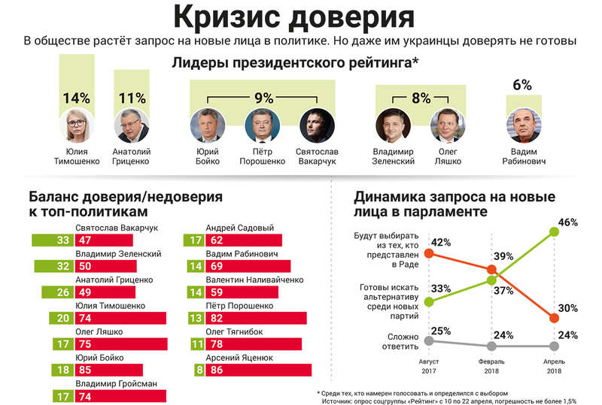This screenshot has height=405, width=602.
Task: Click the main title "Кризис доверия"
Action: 300,17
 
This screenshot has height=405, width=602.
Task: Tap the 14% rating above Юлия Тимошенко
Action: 76,98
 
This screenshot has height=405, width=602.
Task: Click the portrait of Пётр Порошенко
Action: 261,125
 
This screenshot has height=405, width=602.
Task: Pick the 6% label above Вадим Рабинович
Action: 521,86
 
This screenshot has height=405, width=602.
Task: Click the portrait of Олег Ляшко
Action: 444,125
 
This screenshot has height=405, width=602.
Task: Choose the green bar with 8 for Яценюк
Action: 199,369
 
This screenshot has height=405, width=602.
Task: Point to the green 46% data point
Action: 555,231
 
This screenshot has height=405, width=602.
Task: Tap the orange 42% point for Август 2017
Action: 429,253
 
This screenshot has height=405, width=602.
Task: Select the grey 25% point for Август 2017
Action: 429,340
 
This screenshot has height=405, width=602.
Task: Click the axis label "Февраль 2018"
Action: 492,365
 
